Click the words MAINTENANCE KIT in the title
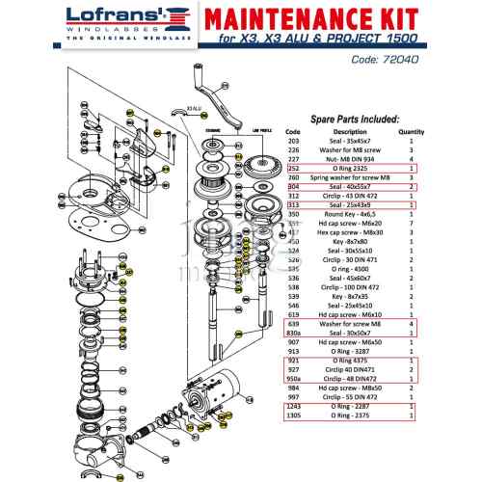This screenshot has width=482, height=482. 314,19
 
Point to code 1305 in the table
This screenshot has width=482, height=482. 294,415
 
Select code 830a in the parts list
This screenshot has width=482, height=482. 294,333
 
